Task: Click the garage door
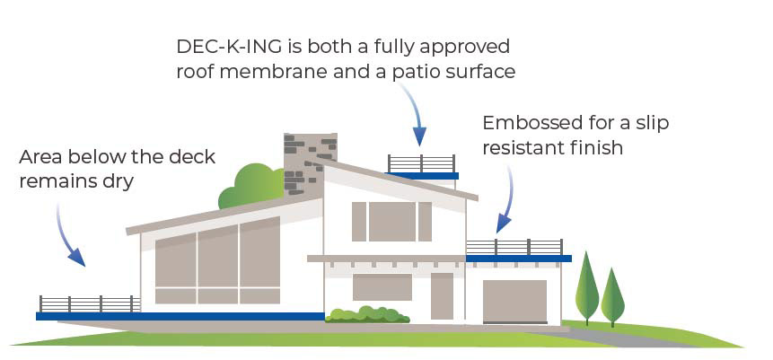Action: pyautogui.click(x=514, y=301)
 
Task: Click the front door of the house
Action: pyautogui.click(x=442, y=295)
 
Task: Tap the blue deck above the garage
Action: pyautogui.click(x=518, y=259)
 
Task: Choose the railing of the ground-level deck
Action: pyautogui.click(x=89, y=303)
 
